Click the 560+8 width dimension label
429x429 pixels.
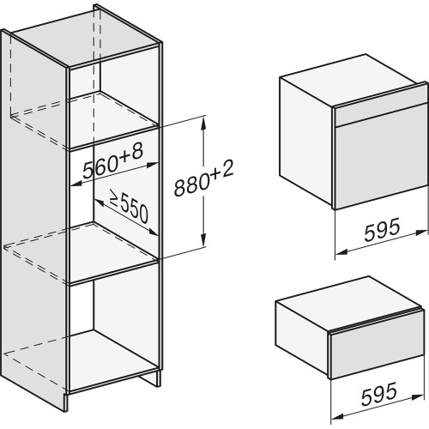click(x=112, y=161)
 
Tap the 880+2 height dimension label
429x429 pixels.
click(x=204, y=178)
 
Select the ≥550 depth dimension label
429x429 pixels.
click(x=129, y=207)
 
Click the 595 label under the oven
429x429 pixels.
click(x=382, y=230)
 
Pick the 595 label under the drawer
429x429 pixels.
click(x=379, y=394)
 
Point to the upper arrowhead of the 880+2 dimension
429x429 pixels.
click(x=203, y=123)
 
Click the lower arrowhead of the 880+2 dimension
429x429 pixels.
click(x=203, y=239)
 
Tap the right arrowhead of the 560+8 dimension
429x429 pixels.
click(x=153, y=165)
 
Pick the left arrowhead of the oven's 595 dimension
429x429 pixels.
click(x=341, y=251)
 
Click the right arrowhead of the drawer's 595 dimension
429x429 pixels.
click(x=419, y=396)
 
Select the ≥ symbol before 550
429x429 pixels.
click(x=114, y=199)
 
